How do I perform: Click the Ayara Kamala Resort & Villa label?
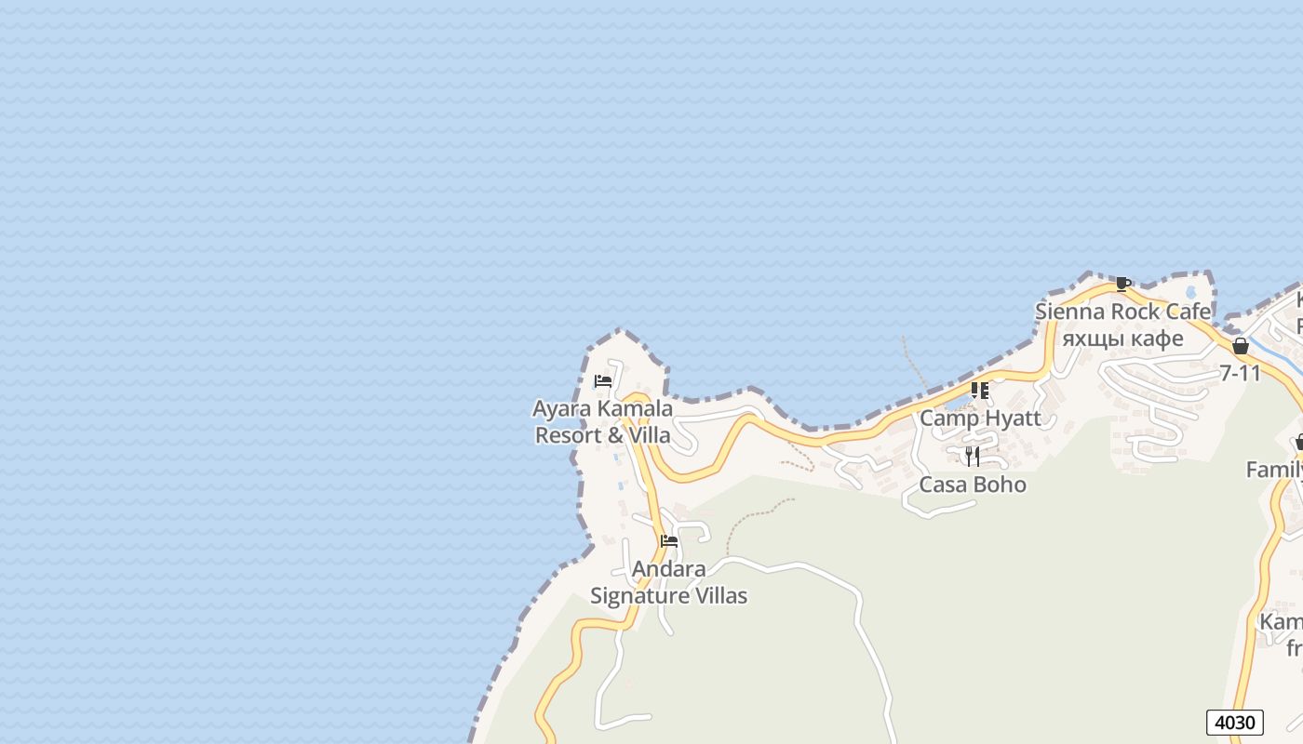[x=602, y=421]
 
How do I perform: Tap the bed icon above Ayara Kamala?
[x=602, y=381]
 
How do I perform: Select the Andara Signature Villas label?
[x=668, y=582]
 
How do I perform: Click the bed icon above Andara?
[x=668, y=541]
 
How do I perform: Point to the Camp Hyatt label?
[x=980, y=418]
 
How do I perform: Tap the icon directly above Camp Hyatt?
[x=979, y=391]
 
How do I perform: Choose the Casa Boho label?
[x=973, y=485]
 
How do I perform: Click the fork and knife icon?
[x=973, y=456]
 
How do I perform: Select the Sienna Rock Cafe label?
[x=1122, y=312]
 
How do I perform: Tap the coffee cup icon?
[x=1122, y=285]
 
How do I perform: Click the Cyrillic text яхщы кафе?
[x=1122, y=339]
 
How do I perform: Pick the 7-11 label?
[x=1240, y=373]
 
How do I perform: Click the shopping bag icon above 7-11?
[x=1240, y=347]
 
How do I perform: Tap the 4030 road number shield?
[x=1235, y=723]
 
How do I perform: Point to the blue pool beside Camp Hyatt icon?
[x=956, y=403]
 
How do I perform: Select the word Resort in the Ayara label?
[x=568, y=435]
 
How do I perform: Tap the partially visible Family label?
[x=1275, y=471]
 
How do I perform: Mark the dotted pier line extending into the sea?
[x=914, y=363]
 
